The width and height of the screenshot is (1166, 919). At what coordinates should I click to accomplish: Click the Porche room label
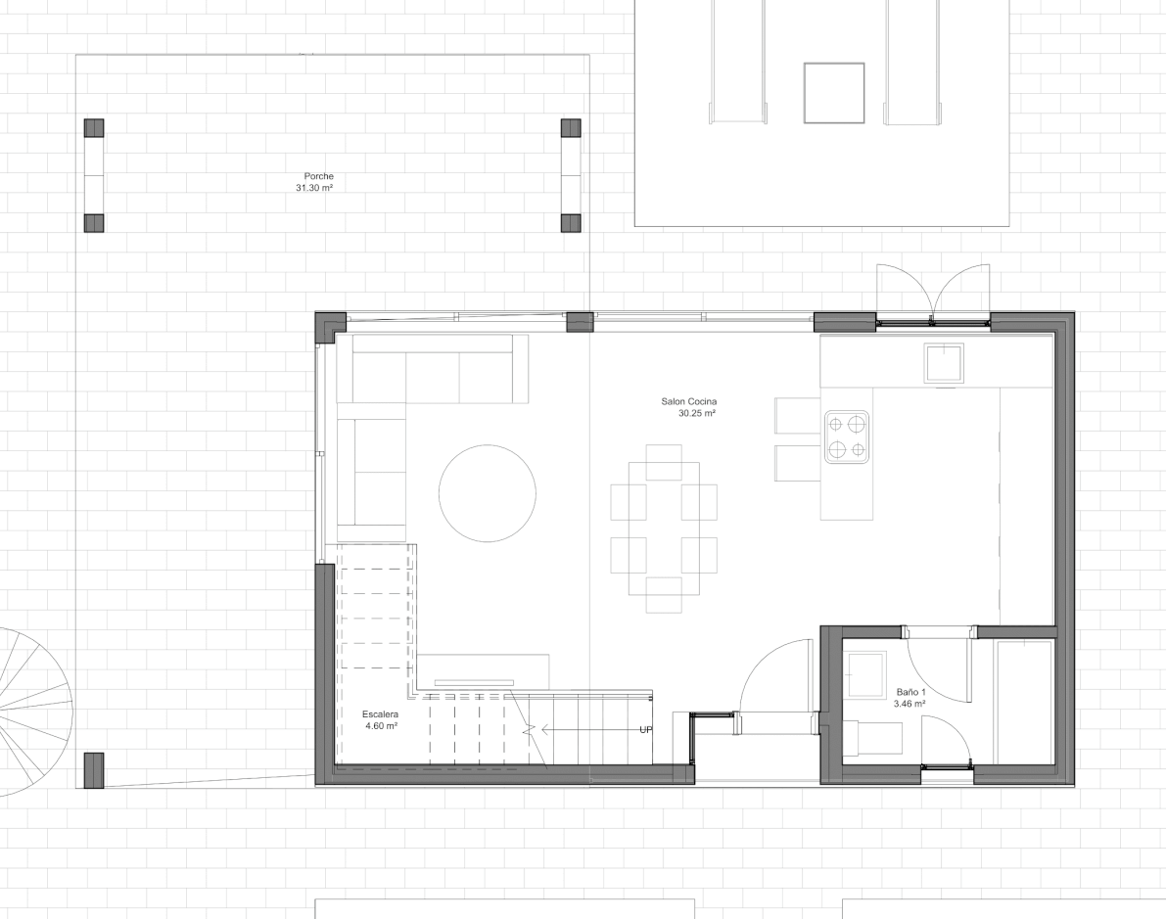pos(318,176)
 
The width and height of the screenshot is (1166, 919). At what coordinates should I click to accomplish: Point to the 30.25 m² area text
pos(696,414)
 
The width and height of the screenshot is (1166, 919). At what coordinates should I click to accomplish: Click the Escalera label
pos(380,713)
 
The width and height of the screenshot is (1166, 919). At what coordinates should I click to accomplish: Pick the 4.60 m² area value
pos(381,726)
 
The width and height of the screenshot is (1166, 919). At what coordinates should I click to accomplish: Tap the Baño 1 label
pos(909,691)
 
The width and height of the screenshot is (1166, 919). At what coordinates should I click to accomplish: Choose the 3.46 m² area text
pos(909,703)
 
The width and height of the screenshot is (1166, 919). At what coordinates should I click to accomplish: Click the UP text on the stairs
pos(645,730)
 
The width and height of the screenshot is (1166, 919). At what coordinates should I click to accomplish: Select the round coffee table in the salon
pos(487,492)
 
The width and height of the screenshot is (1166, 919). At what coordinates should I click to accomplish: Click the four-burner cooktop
pos(847,437)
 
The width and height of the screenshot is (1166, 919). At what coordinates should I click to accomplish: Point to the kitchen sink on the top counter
pos(944,363)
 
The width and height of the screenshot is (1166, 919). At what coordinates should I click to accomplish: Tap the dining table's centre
pos(664,528)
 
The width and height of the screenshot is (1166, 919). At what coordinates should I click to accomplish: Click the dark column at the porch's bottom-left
pos(94,770)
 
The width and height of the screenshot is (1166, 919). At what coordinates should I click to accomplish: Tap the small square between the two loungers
pos(834,92)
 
